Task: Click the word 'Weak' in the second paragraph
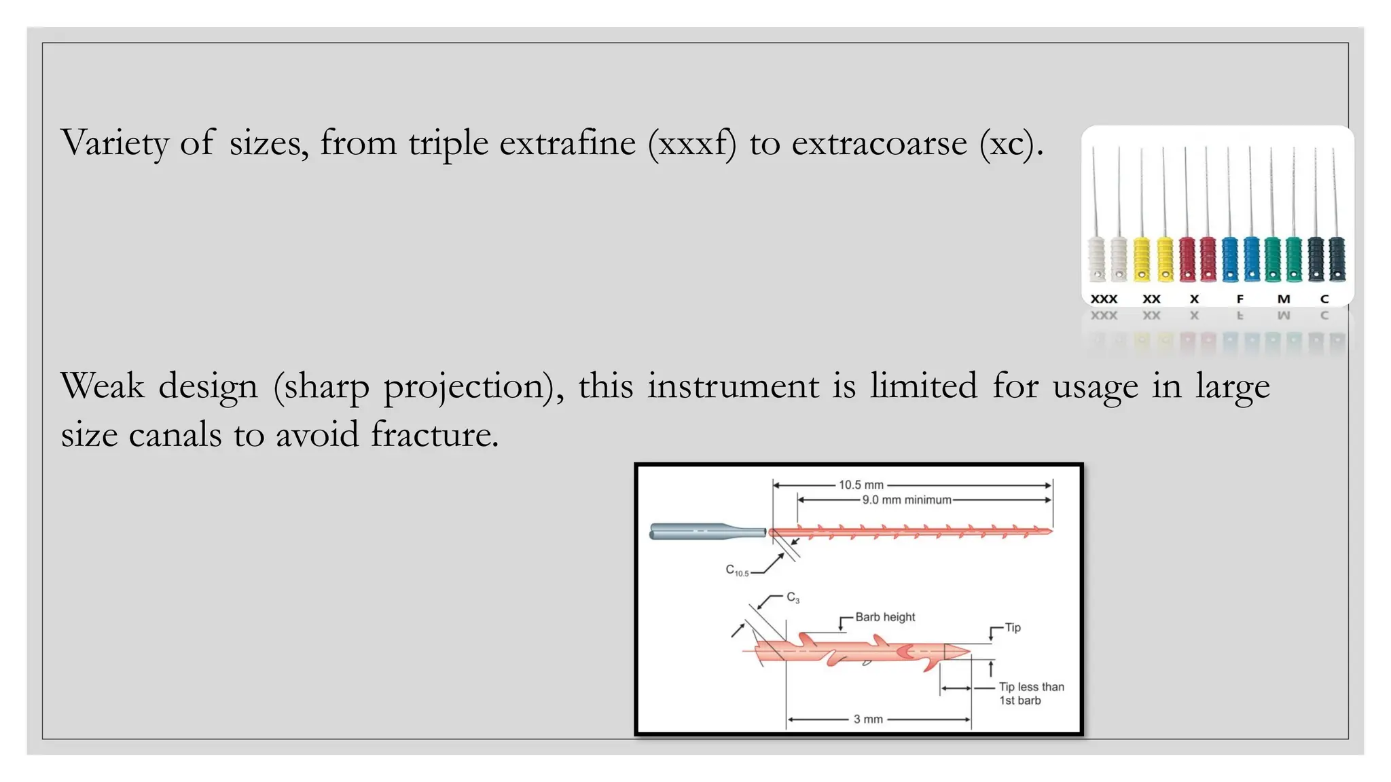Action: tap(102, 386)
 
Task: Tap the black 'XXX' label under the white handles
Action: tap(1104, 299)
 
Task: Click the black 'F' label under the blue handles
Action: tap(1240, 299)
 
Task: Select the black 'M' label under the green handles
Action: tap(1283, 299)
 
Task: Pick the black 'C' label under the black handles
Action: tap(1324, 299)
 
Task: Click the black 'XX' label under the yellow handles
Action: tap(1151, 299)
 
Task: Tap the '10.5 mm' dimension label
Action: tap(861, 485)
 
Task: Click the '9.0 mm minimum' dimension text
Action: tap(907, 500)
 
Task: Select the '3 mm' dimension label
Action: tap(868, 720)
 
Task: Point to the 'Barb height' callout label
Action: tap(885, 617)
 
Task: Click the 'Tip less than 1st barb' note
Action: tap(1030, 694)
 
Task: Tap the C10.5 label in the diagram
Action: tap(737, 571)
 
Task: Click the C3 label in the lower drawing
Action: tap(793, 598)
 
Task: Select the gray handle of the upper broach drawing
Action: tap(700, 532)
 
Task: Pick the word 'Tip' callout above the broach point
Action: tap(1013, 628)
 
